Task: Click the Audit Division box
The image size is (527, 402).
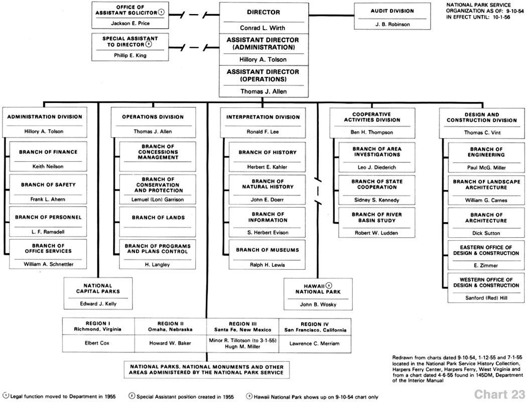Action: click(392, 16)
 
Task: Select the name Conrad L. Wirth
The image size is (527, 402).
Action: click(262, 28)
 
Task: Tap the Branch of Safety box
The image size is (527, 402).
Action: click(48, 189)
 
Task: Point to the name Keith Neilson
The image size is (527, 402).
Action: click(48, 166)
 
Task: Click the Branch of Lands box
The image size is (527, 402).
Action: click(158, 222)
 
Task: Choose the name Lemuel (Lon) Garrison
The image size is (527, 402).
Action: click(158, 199)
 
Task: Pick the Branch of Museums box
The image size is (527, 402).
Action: click(267, 255)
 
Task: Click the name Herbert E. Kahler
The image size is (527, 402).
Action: click(267, 167)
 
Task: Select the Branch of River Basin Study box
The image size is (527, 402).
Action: click(377, 223)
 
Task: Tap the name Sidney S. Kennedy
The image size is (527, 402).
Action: click(377, 200)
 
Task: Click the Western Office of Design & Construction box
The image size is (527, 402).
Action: click(486, 287)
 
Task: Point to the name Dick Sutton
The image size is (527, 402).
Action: click(486, 233)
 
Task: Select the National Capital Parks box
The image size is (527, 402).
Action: click(98, 293)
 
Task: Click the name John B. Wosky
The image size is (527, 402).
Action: click(318, 305)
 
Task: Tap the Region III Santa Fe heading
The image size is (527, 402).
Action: click(242, 327)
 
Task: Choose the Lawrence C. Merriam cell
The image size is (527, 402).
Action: click(315, 344)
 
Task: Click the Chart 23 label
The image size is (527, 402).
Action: click(499, 394)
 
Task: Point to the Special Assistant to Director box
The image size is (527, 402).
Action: click(130, 47)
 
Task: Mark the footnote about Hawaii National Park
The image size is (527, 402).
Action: click(312, 396)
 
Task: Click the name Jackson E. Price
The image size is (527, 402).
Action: click(130, 23)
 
